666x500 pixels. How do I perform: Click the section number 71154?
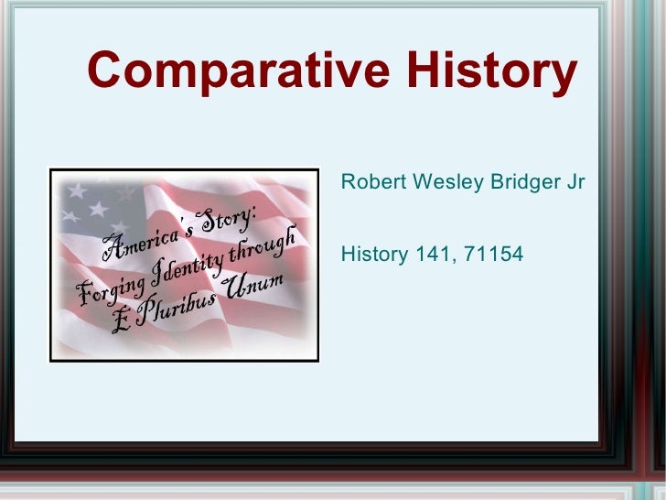(x=494, y=253)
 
